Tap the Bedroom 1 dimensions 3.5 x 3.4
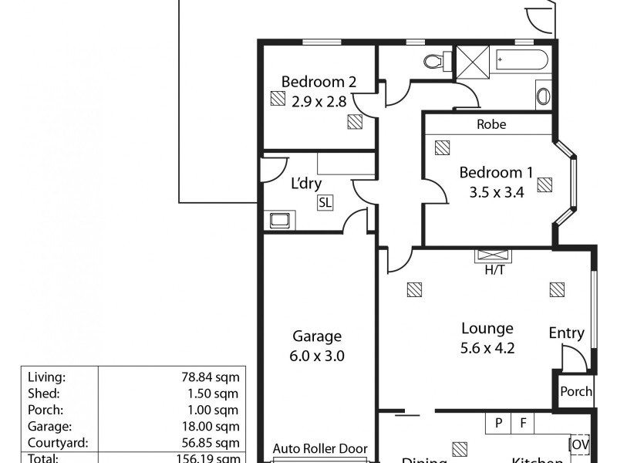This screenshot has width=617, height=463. pyautogui.click(x=496, y=194)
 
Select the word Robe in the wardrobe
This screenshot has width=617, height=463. pyautogui.click(x=491, y=124)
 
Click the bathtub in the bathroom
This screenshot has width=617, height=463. pyautogui.click(x=521, y=60)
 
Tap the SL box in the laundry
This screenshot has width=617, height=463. pyautogui.click(x=325, y=202)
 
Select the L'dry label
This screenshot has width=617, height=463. pyautogui.click(x=305, y=184)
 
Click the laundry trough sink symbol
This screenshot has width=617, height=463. pyautogui.click(x=279, y=221)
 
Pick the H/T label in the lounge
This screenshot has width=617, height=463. pyautogui.click(x=494, y=270)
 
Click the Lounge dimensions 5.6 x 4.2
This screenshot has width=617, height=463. pyautogui.click(x=487, y=347)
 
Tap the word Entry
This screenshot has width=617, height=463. pyautogui.click(x=566, y=333)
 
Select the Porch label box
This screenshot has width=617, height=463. pyautogui.click(x=575, y=391)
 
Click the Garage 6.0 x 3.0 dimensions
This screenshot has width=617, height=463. pyautogui.click(x=317, y=356)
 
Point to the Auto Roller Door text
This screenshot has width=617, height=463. pyautogui.click(x=320, y=448)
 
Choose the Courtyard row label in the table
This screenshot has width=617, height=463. pyautogui.click(x=58, y=443)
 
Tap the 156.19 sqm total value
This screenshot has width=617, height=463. pyautogui.click(x=211, y=458)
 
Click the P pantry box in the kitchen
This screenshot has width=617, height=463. pyautogui.click(x=498, y=422)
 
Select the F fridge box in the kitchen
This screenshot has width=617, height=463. pyautogui.click(x=522, y=422)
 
